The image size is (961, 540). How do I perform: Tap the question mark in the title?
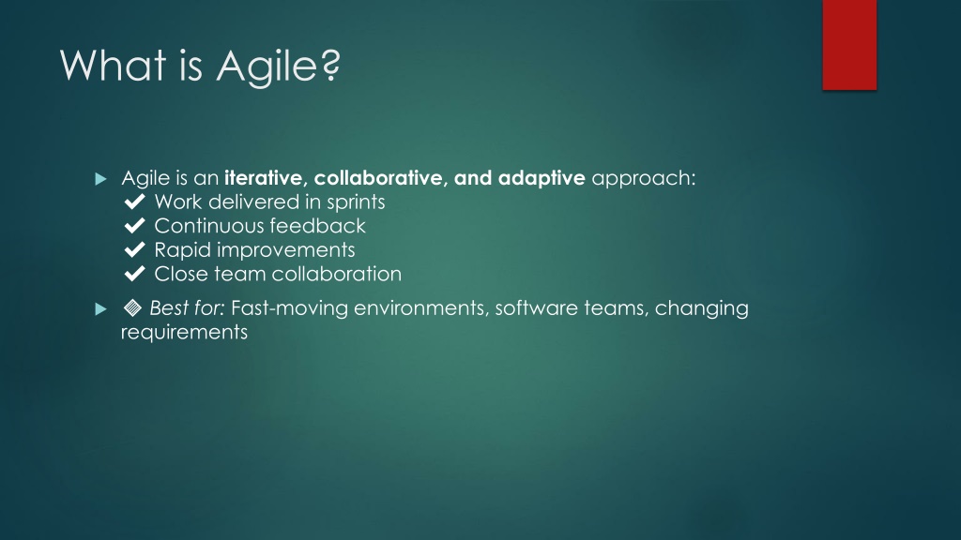tap(330, 65)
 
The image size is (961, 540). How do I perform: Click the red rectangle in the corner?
tap(849, 45)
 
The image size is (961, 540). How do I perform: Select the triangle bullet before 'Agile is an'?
tap(101, 179)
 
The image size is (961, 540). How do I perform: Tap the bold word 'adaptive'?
tap(542, 178)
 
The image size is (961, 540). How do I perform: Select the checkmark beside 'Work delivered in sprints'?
tap(135, 202)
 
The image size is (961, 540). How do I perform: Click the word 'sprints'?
tap(356, 202)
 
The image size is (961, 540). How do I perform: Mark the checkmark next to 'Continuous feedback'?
tap(135, 225)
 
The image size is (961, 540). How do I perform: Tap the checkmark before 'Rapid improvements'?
tap(135, 249)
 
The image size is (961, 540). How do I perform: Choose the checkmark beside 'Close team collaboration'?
tap(135, 273)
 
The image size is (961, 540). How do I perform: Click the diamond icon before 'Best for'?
tap(132, 307)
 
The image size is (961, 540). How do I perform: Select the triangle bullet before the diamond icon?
tap(101, 309)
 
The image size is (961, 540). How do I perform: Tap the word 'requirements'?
tap(185, 333)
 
